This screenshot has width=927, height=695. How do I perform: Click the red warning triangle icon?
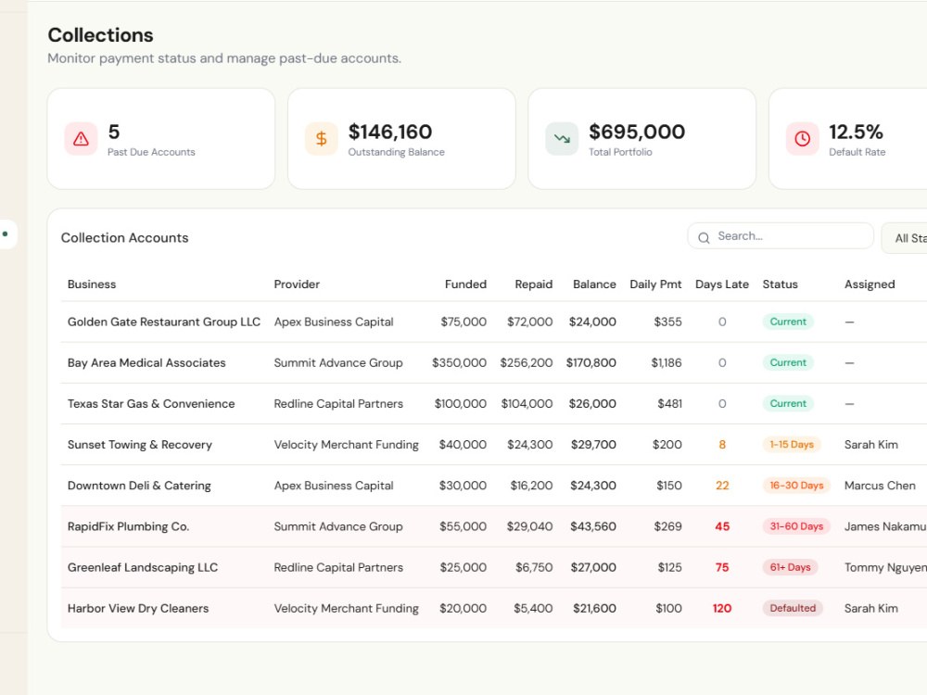pyautogui.click(x=81, y=139)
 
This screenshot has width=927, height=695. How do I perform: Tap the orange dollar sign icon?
pyautogui.click(x=321, y=139)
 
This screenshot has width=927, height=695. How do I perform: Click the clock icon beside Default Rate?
pyautogui.click(x=802, y=139)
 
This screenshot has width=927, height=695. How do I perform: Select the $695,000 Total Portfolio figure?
pyautogui.click(x=637, y=132)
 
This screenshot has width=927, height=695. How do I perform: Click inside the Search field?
pyautogui.click(x=781, y=236)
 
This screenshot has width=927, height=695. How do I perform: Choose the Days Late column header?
pyautogui.click(x=722, y=284)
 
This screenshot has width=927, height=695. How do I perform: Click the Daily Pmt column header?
pyautogui.click(x=655, y=284)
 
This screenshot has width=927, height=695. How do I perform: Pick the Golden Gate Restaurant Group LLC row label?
pyautogui.click(x=164, y=322)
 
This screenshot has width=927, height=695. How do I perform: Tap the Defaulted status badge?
pyautogui.click(x=793, y=608)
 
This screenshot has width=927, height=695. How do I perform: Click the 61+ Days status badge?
pyautogui.click(x=790, y=567)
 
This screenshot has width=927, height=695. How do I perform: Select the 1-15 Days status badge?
pyautogui.click(x=792, y=445)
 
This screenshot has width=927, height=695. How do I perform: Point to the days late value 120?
pyautogui.click(x=722, y=608)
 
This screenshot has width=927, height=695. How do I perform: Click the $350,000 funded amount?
pyautogui.click(x=460, y=363)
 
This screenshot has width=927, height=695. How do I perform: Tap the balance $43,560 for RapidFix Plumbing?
pyautogui.click(x=593, y=526)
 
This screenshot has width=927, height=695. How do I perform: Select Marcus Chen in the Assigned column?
pyautogui.click(x=880, y=486)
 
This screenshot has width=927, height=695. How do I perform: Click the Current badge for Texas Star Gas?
pyautogui.click(x=788, y=404)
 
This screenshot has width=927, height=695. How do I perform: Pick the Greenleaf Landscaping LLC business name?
pyautogui.click(x=143, y=567)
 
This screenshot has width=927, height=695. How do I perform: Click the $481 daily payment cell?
pyautogui.click(x=670, y=404)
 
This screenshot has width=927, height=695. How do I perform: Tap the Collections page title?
pyautogui.click(x=100, y=35)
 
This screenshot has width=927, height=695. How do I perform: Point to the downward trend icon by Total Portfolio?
pyautogui.click(x=562, y=139)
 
